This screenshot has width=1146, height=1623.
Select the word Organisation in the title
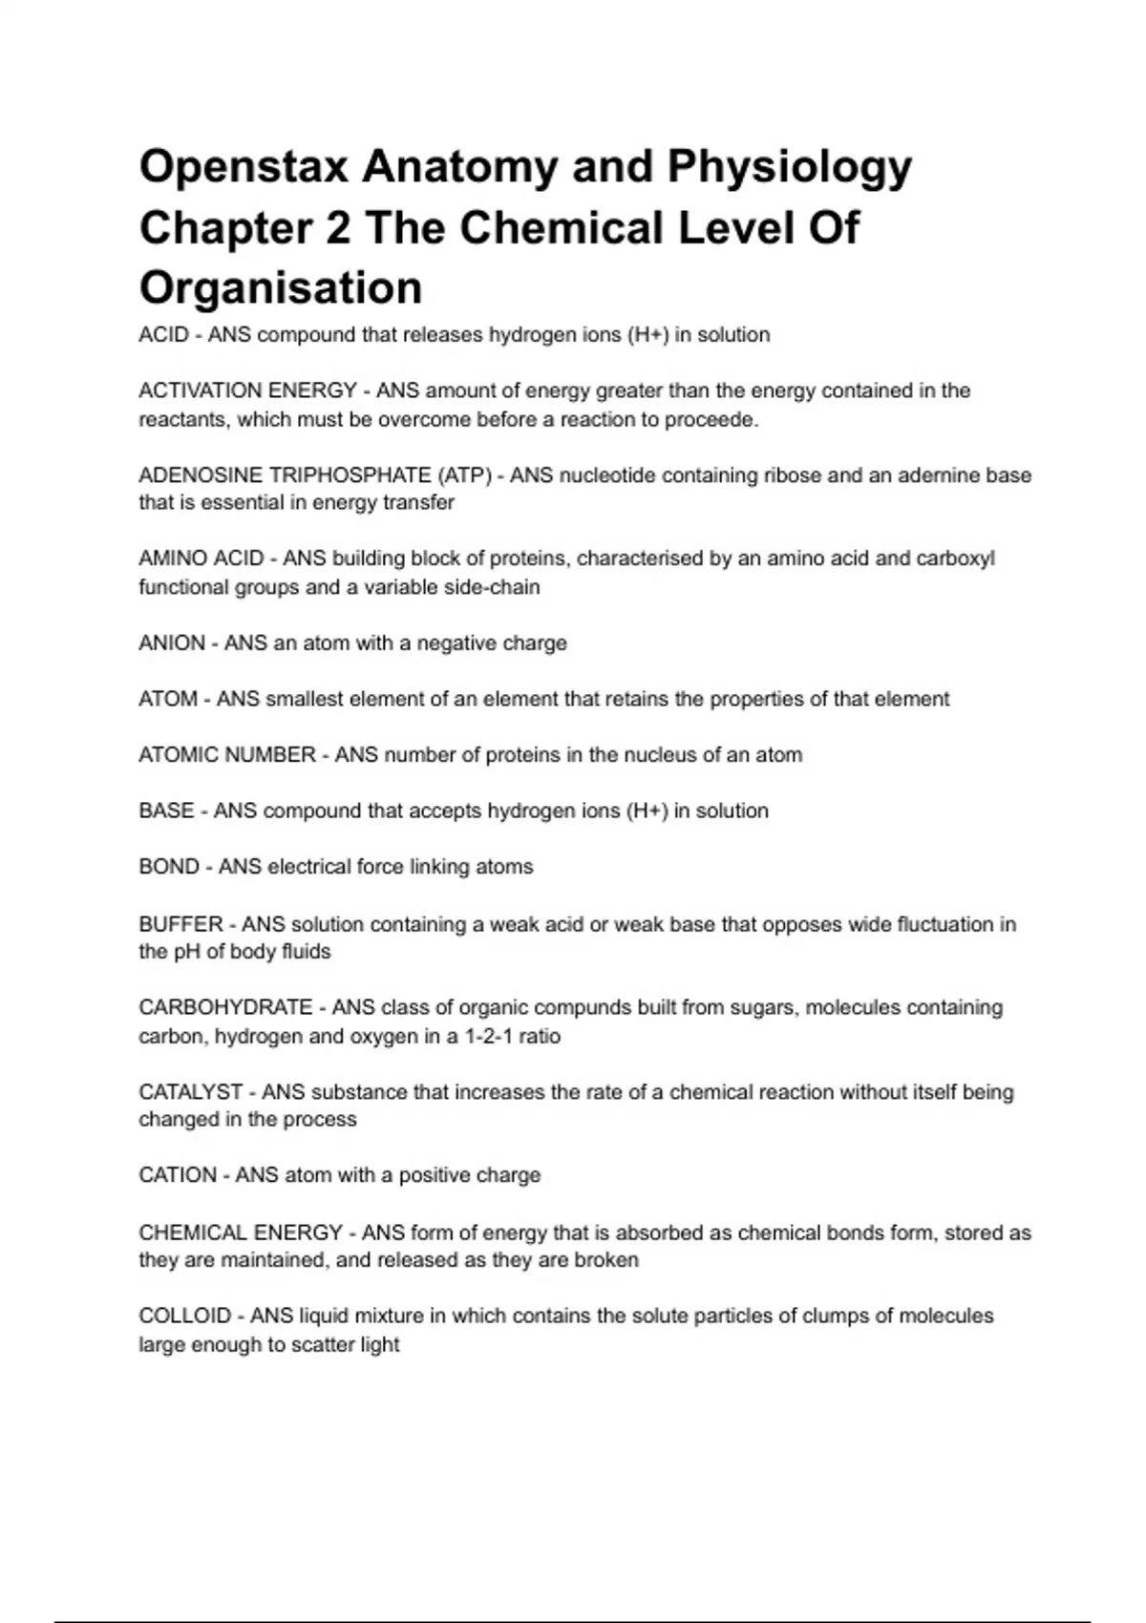tap(281, 287)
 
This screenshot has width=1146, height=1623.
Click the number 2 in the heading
tap(338, 228)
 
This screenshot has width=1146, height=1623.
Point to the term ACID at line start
tap(163, 335)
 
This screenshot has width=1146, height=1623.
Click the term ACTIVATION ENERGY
tap(247, 390)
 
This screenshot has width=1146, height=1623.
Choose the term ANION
tap(172, 643)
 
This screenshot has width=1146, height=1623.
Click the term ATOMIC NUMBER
tap(227, 755)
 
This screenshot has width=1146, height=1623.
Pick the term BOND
tap(169, 867)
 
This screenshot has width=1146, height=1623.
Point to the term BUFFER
tap(180, 924)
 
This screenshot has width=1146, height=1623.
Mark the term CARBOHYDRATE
tap(225, 1008)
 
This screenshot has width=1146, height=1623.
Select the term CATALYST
tap(190, 1092)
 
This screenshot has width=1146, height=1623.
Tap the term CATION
tap(178, 1175)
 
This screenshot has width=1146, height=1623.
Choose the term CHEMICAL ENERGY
tap(241, 1233)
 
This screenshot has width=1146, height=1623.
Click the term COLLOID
tap(184, 1317)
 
